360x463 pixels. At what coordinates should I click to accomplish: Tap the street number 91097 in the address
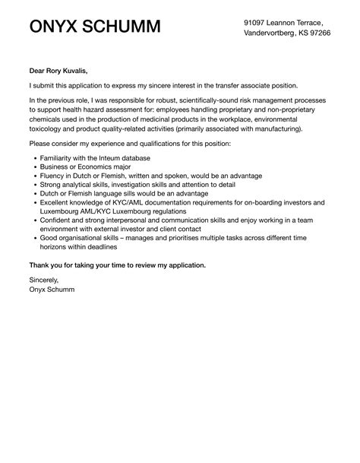tap(256, 24)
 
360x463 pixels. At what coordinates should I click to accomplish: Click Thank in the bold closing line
tap(38, 265)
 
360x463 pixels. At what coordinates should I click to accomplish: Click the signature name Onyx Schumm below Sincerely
tap(53, 289)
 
